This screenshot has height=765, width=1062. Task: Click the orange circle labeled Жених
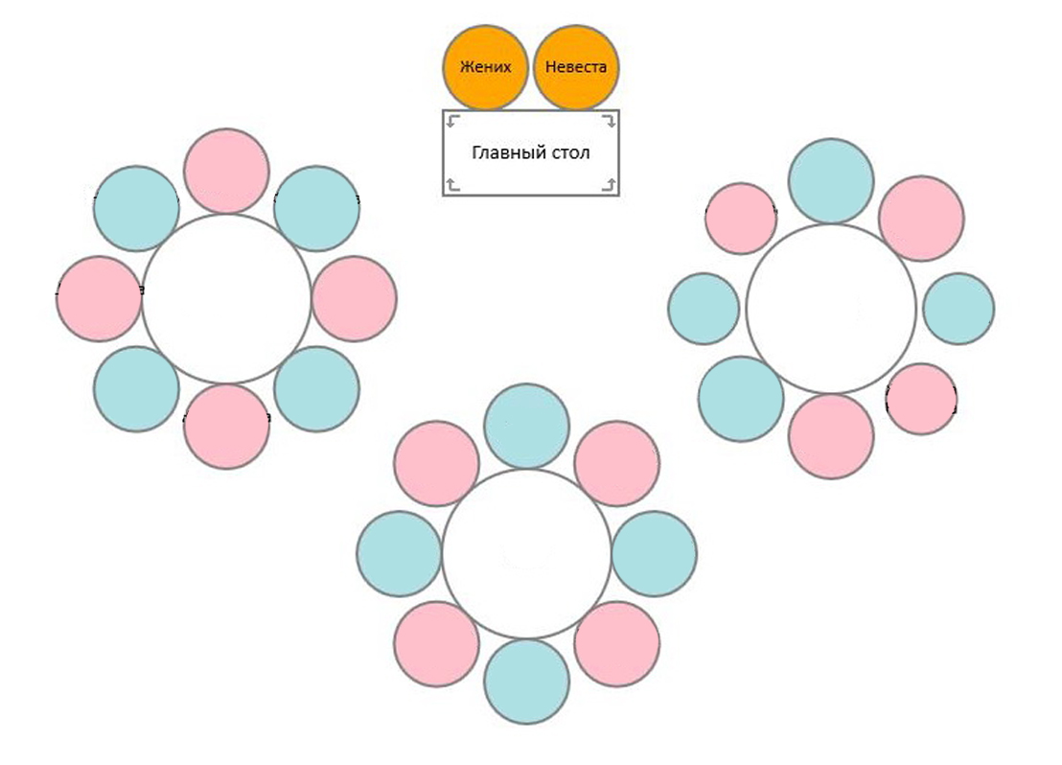tap(485, 68)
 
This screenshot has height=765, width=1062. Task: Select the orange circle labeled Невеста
tap(576, 68)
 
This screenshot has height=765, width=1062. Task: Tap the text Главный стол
tap(531, 152)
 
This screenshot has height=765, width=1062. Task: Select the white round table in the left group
tap(226, 299)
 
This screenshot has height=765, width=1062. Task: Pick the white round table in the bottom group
tap(527, 554)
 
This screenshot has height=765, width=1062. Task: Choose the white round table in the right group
tap(831, 309)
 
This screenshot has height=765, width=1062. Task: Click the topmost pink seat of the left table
tap(226, 171)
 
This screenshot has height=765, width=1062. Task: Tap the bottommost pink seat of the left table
tap(226, 427)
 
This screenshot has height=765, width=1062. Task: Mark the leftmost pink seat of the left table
tap(99, 299)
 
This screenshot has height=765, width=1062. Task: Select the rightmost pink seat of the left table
tap(354, 299)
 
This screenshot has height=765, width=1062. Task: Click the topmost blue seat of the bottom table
tap(527, 427)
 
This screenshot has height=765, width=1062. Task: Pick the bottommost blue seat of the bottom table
tap(527, 682)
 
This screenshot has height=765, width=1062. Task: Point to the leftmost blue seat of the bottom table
tap(400, 554)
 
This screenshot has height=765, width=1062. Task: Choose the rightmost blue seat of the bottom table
tap(655, 554)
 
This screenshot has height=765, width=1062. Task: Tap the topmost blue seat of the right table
tap(831, 181)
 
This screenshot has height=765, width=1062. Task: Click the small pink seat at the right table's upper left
tap(741, 219)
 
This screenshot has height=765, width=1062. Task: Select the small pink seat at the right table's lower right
tap(921, 399)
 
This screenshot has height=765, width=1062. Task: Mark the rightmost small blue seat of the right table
tap(958, 309)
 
